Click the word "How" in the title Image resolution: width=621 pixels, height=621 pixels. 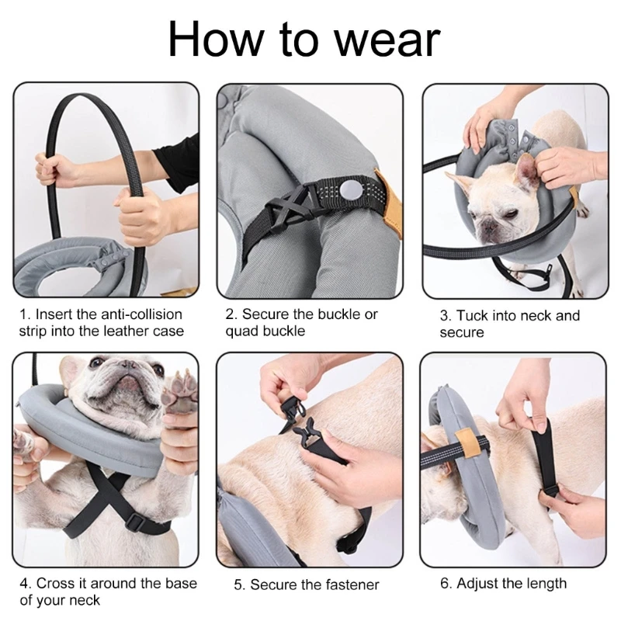coord(212,40)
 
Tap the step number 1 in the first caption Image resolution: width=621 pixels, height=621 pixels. coord(23,314)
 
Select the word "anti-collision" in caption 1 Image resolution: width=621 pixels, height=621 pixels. coord(139,314)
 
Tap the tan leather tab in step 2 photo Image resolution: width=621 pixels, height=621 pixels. coord(385,193)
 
